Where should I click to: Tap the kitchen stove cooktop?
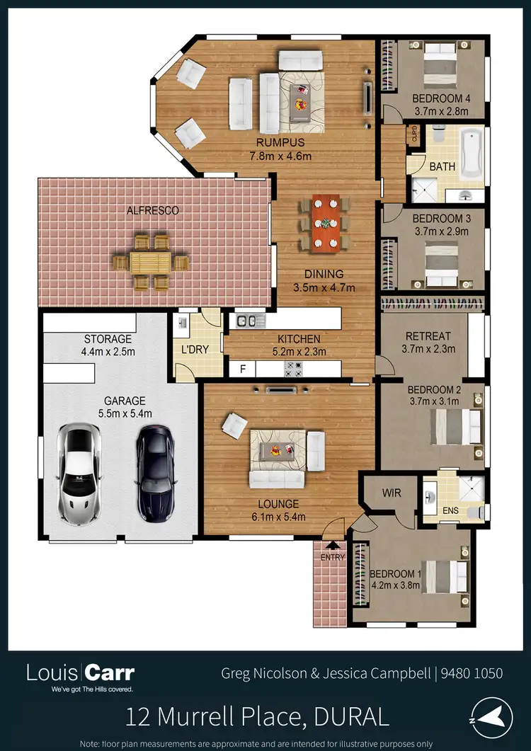[294, 369]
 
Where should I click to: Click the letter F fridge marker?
[243, 369]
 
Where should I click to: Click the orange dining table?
[326, 223]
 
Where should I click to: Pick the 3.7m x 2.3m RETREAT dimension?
[428, 348]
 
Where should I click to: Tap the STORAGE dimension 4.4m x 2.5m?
[109, 351]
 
